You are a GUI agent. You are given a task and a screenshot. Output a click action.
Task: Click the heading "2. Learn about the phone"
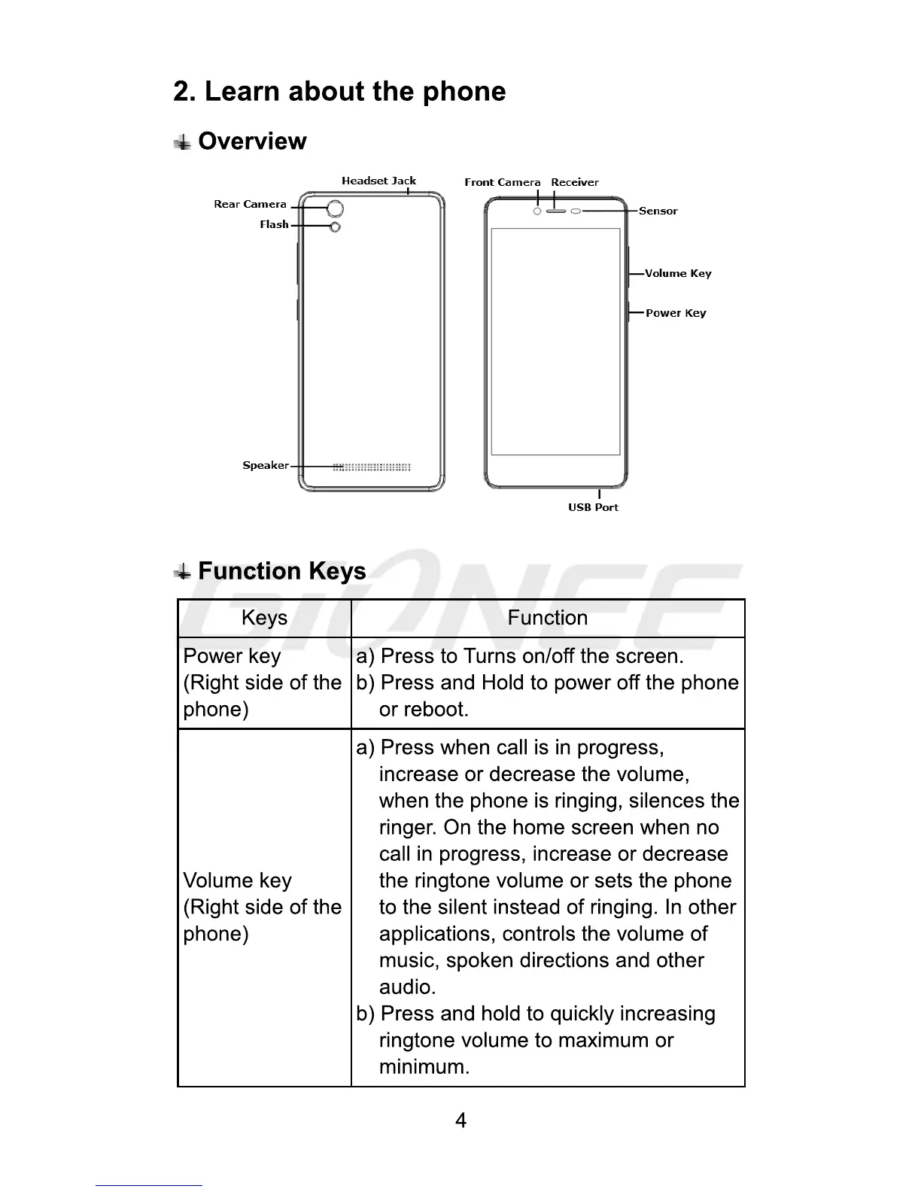[339, 92]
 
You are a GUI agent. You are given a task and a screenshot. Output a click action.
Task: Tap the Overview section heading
[252, 141]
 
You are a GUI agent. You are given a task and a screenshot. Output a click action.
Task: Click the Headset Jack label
[378, 181]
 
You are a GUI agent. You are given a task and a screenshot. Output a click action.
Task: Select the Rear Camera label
[250, 204]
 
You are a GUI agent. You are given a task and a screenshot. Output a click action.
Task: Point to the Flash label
[274, 224]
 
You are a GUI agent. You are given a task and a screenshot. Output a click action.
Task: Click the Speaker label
[265, 465]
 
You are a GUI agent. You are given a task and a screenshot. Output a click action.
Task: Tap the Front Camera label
[502, 182]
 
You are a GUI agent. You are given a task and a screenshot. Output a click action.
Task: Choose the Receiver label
[575, 182]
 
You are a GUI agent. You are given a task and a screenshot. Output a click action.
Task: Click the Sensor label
[658, 211]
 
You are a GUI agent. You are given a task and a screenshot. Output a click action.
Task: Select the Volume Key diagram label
[678, 273]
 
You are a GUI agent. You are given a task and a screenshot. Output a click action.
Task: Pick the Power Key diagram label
[676, 313]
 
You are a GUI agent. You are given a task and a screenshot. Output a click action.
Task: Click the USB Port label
[593, 507]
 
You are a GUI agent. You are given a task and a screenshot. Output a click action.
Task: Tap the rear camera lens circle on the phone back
[336, 208]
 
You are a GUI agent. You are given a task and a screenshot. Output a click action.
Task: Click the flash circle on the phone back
[335, 227]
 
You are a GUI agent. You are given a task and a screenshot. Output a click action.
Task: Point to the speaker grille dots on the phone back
[372, 467]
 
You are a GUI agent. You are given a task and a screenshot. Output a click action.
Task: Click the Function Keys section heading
[282, 571]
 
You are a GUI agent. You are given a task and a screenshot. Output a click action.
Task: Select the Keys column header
[264, 618]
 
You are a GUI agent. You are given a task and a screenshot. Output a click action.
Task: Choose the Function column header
[547, 618]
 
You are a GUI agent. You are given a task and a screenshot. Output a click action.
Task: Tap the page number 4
[460, 1121]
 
